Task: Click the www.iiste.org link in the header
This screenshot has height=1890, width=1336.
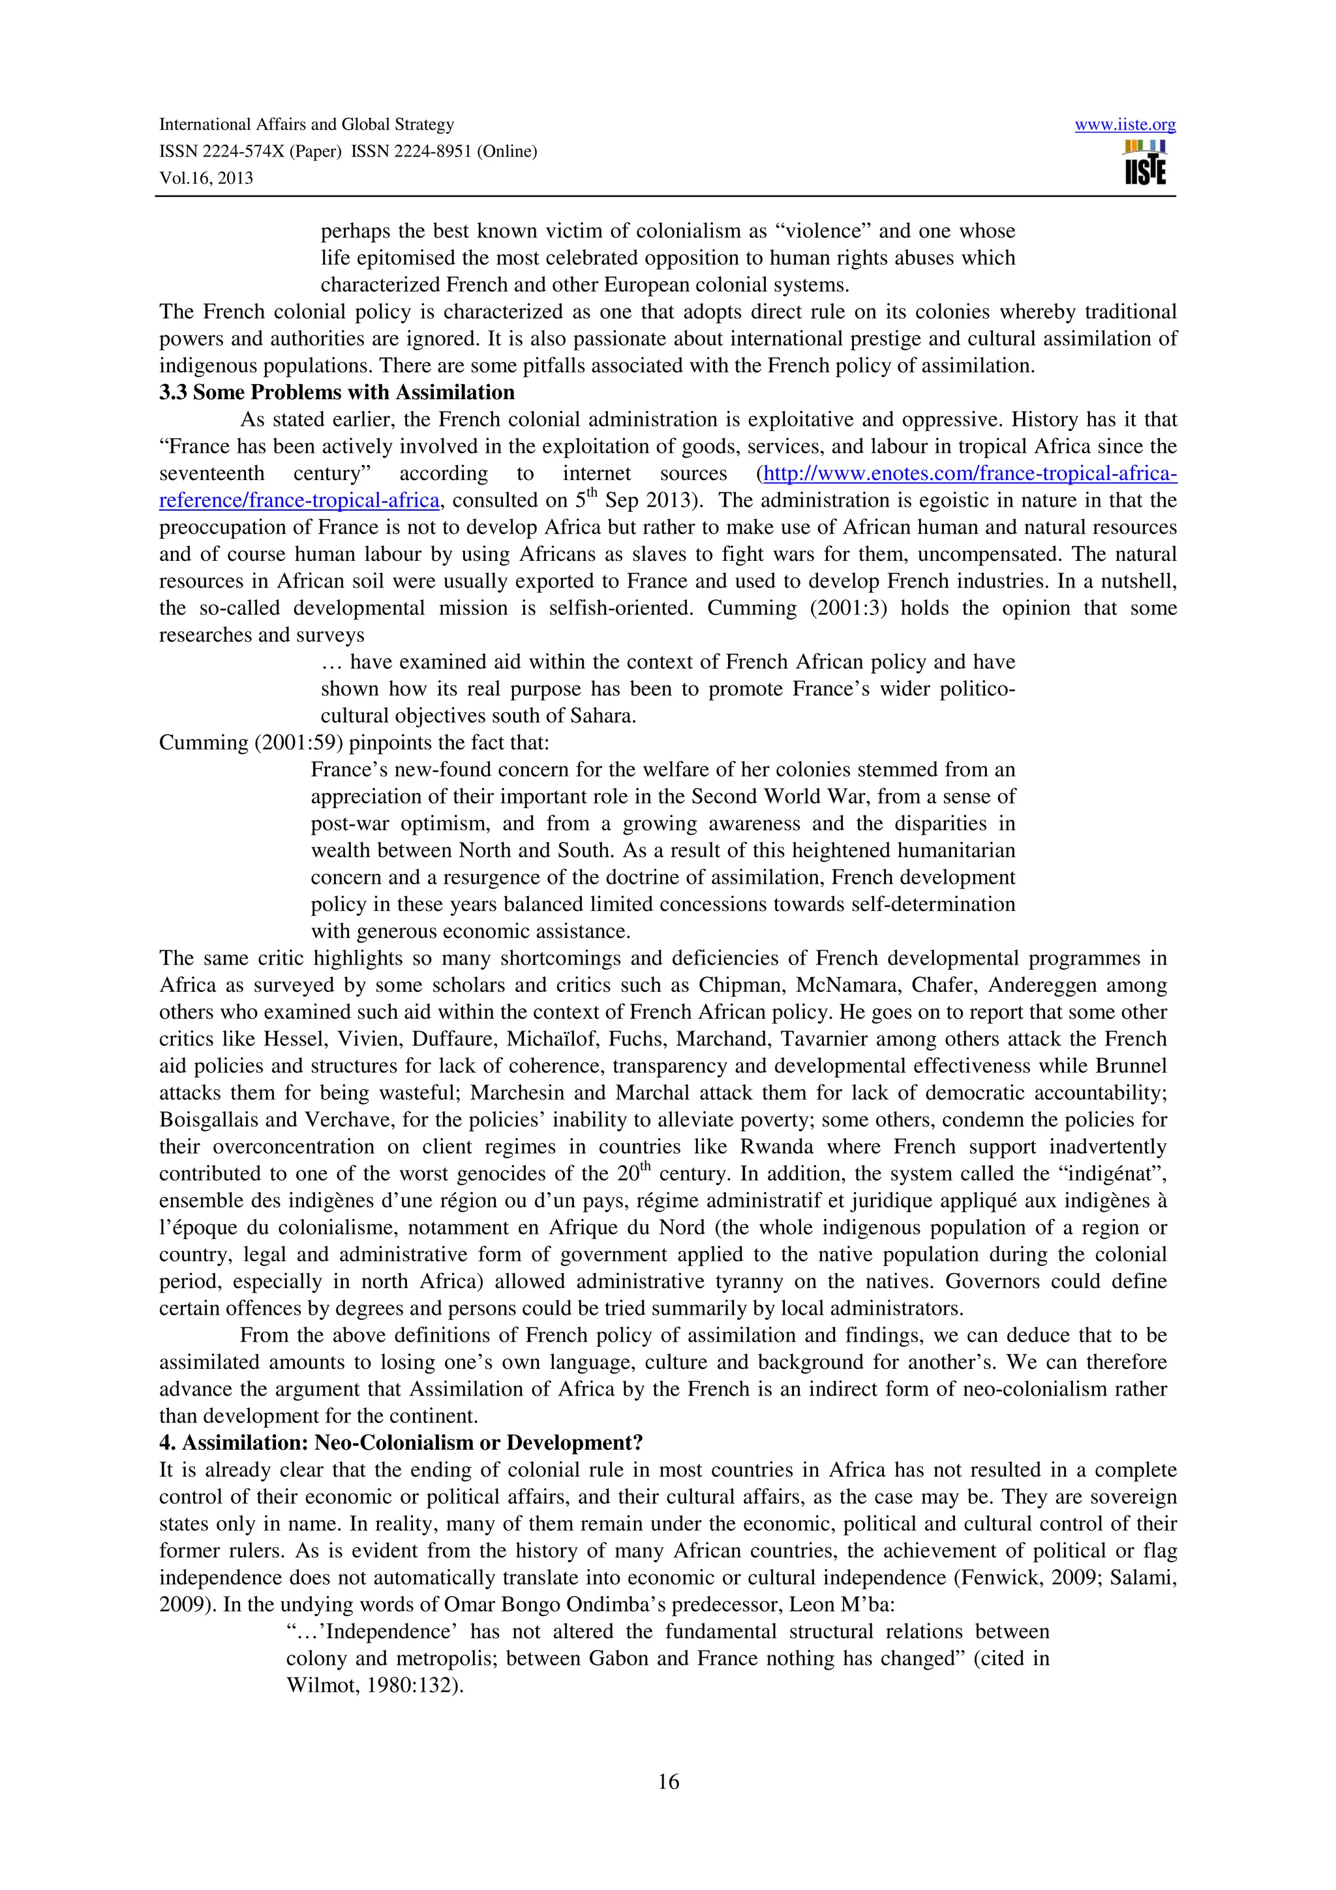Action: [1125, 125]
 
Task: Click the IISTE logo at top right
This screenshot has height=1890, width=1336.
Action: [1145, 163]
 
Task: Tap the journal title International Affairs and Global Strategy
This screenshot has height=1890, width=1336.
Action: [306, 125]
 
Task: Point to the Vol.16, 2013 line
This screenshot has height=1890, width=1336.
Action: [205, 178]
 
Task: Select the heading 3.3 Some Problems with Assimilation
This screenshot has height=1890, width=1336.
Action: [337, 393]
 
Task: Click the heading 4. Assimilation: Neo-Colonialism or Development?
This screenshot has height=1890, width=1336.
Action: [401, 1443]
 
